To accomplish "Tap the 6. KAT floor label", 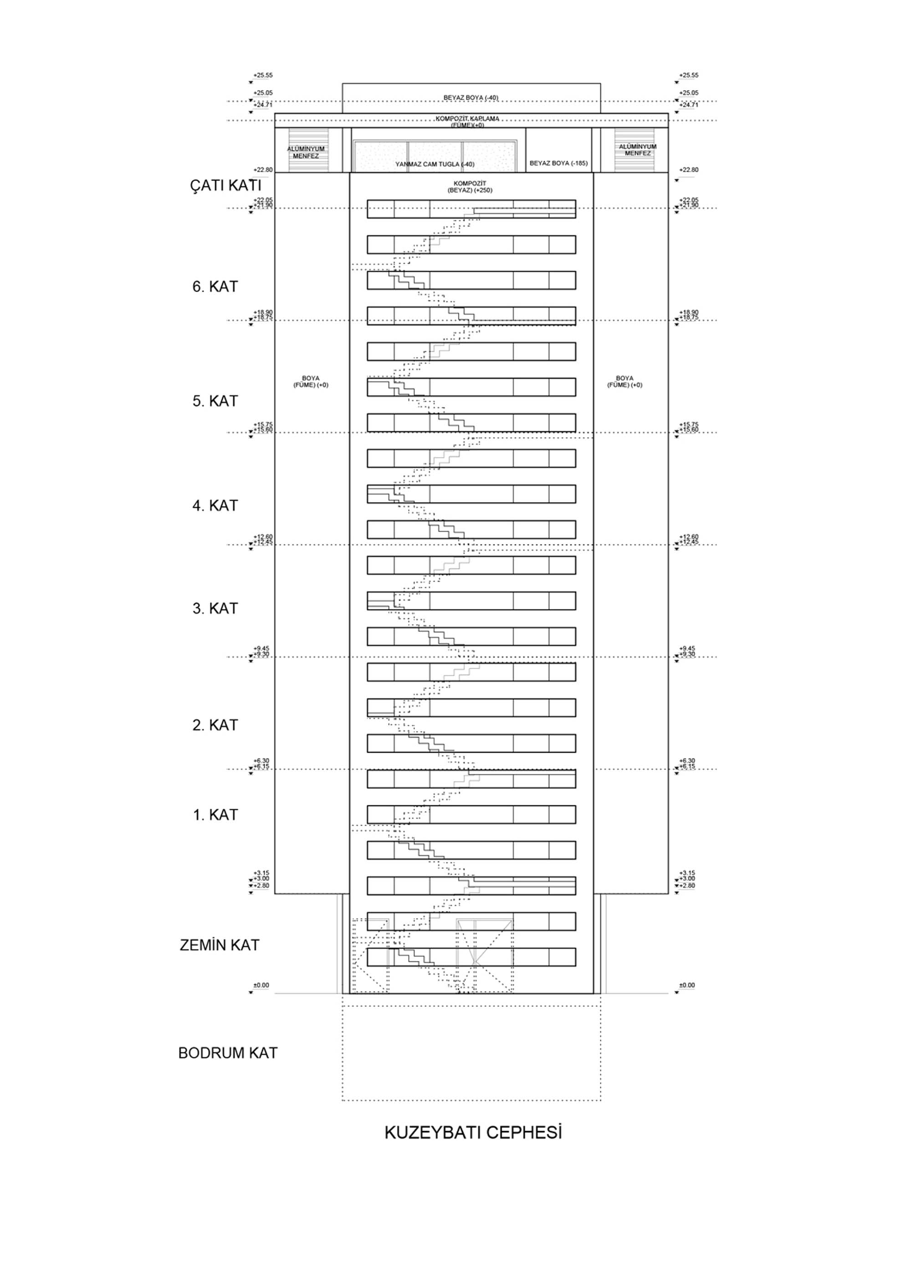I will [x=215, y=287].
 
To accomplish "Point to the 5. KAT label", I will [x=215, y=401].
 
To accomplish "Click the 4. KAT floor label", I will [x=215, y=506].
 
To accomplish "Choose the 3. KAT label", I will [x=215, y=609].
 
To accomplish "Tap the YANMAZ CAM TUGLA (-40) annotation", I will [x=435, y=164].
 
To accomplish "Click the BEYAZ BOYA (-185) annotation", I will [x=558, y=163].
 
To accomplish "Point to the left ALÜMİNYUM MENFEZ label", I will [x=306, y=153].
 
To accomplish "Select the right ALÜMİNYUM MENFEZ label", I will [x=637, y=150].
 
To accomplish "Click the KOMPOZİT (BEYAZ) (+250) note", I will [x=470, y=187].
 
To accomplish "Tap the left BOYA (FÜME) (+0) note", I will [x=311, y=382].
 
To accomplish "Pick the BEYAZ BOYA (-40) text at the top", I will [x=471, y=98].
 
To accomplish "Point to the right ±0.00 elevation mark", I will [x=687, y=985].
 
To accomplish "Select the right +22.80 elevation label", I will [x=689, y=170].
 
